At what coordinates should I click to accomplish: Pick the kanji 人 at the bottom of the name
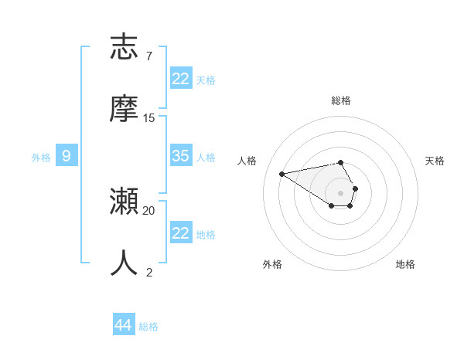[125, 263]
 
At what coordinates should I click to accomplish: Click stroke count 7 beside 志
[149, 56]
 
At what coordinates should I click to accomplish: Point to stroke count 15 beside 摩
[149, 118]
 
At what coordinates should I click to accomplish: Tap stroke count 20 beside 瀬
[149, 210]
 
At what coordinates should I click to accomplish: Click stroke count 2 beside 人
[149, 272]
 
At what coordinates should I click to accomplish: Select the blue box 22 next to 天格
[181, 79]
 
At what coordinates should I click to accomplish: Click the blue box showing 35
[181, 156]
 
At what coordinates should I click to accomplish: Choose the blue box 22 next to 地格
[181, 233]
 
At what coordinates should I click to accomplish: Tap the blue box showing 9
[67, 156]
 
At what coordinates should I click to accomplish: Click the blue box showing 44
[123, 325]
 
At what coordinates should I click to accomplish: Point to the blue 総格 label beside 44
[148, 327]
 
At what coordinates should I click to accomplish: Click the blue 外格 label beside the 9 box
[41, 158]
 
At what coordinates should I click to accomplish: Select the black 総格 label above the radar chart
[341, 100]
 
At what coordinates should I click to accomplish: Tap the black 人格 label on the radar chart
[247, 161]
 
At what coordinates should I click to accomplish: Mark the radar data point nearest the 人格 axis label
[281, 173]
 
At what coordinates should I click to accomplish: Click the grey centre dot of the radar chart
[340, 192]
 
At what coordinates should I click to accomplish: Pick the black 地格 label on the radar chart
[405, 264]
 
